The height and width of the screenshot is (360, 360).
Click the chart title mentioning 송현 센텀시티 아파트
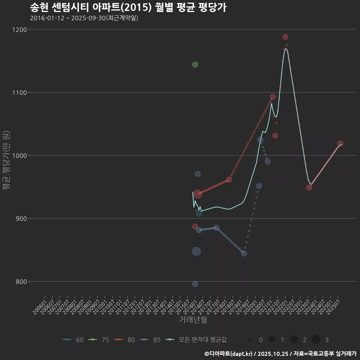pos(128,7)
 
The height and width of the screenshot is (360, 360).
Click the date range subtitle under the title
pos(84,18)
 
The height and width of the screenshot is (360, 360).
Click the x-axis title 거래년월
pos(193,320)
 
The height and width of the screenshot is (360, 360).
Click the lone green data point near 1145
pos(195,64)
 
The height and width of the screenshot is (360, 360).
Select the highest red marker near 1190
pos(285,37)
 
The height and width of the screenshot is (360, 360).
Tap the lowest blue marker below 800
pos(195,284)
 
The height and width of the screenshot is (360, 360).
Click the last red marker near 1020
pos(340,144)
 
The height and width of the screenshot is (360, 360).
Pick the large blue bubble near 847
pos(196,251)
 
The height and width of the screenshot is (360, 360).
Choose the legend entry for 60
pos(73,340)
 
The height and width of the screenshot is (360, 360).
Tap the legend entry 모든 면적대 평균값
pos(197,340)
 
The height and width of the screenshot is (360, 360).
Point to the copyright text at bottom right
pos(280,353)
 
